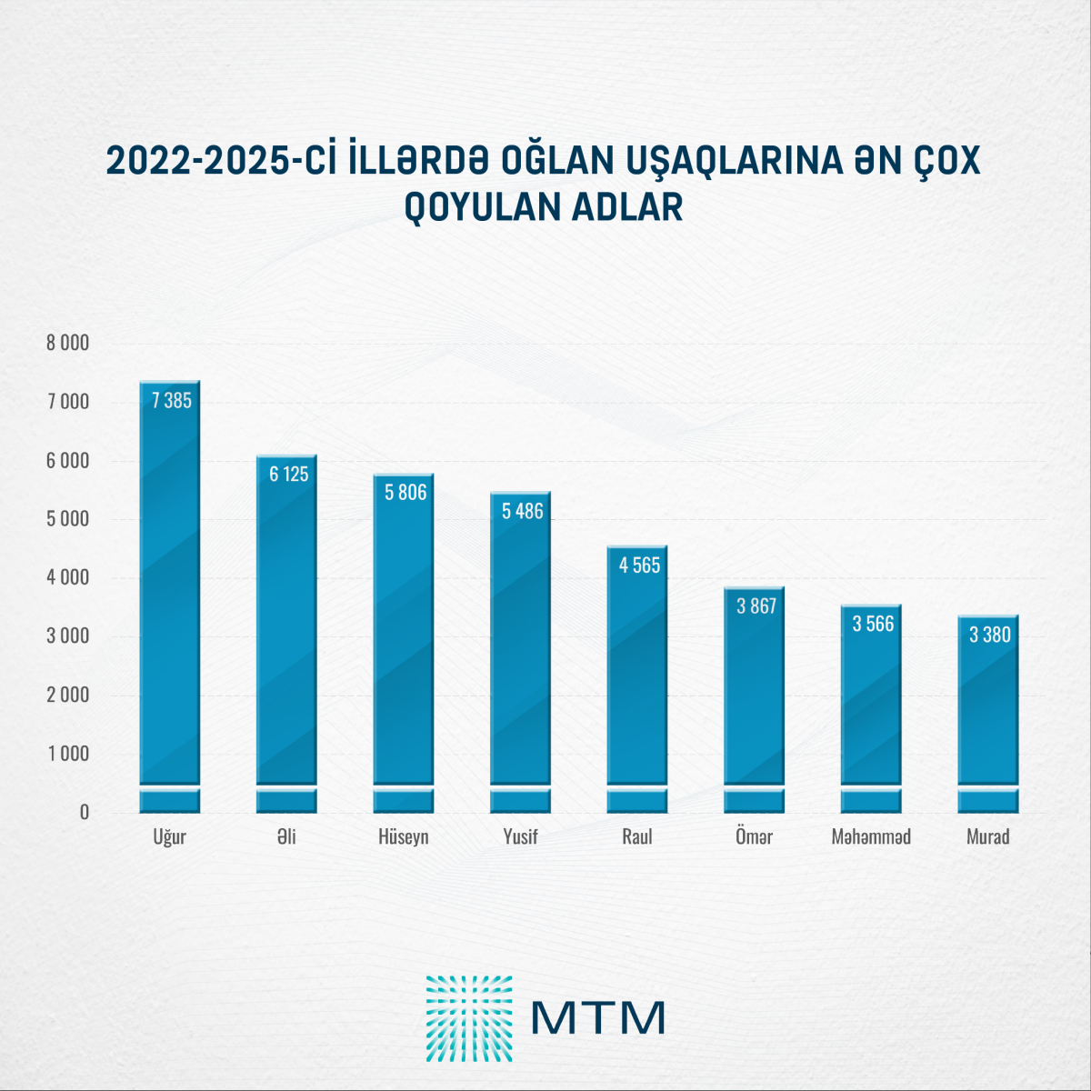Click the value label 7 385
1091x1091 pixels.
click(172, 401)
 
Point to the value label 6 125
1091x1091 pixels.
click(289, 474)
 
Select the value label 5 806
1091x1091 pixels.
click(405, 493)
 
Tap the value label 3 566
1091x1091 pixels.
click(873, 624)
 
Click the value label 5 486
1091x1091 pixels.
click(523, 511)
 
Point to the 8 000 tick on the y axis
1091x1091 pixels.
click(68, 343)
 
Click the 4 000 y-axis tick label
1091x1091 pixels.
click(68, 577)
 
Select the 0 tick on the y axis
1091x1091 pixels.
click(85, 813)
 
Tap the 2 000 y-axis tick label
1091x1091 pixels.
click(68, 695)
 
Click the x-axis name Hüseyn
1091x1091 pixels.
click(404, 836)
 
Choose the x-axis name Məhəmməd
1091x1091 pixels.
click(871, 836)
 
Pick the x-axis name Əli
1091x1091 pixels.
click(286, 836)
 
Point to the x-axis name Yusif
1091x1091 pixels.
click(521, 836)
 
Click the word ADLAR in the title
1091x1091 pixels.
click(626, 207)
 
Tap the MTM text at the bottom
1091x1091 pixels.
click(598, 1018)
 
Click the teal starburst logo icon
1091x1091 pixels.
click(469, 1018)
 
